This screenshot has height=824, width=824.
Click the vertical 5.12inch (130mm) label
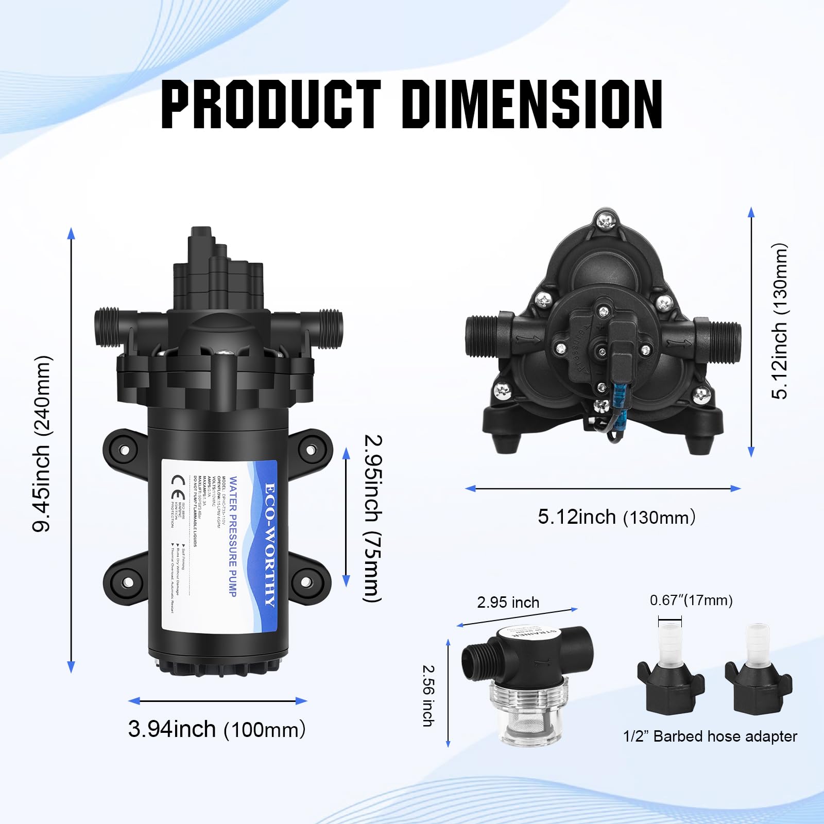coord(779,321)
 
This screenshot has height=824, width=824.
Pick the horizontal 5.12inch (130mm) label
coord(616,517)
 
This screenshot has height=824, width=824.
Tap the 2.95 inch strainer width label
coord(508,603)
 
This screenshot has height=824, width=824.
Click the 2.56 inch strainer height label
coord(428,696)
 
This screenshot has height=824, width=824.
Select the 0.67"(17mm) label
coord(691,600)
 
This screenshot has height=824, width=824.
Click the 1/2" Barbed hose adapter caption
coord(710,736)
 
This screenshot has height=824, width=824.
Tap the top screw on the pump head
coord(605,221)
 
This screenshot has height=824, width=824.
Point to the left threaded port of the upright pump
coord(107,327)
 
